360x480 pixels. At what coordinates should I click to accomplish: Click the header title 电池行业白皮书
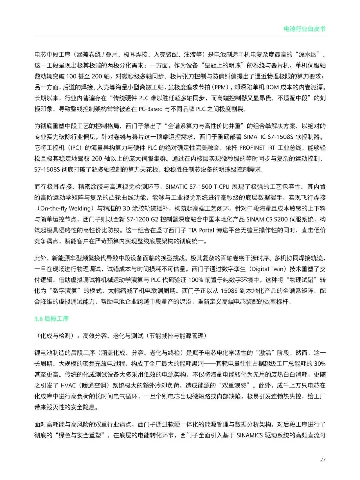(304, 29)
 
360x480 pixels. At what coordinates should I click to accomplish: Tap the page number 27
(322, 460)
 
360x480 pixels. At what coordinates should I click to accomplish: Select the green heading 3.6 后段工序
(51, 319)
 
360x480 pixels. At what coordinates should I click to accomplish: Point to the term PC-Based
(151, 109)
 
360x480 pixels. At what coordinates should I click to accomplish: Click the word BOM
(273, 87)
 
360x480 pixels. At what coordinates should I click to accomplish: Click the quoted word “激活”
(268, 353)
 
